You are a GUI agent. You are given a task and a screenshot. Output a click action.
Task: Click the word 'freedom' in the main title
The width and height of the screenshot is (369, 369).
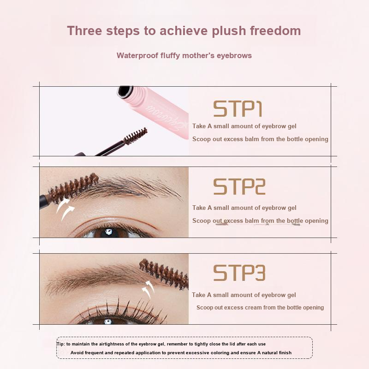[x=275, y=30]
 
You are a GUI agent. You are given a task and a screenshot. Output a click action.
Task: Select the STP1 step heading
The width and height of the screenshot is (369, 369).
[x=238, y=109]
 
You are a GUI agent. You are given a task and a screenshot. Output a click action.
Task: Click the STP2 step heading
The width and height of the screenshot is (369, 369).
[x=239, y=186]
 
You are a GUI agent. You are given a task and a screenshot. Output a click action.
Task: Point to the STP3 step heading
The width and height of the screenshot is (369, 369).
[x=239, y=273]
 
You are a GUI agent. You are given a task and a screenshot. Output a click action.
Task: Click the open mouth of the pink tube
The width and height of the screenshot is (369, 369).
[x=125, y=91]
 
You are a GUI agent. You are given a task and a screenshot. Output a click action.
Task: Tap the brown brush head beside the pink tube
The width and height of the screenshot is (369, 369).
[x=135, y=136]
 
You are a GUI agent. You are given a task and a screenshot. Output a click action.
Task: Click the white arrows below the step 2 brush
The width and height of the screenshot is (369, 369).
[x=65, y=209]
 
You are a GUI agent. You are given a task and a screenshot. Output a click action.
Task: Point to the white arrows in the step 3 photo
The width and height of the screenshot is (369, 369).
[x=148, y=289]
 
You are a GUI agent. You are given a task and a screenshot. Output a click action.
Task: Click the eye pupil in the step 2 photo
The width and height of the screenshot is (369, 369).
[x=108, y=232]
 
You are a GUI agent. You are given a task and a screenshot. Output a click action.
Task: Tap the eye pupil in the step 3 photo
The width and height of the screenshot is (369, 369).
[x=108, y=321]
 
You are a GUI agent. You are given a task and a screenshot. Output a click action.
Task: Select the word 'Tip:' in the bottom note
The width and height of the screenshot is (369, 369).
[x=61, y=344]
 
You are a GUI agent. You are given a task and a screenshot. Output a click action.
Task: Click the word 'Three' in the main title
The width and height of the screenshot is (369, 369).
[x=85, y=30]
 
